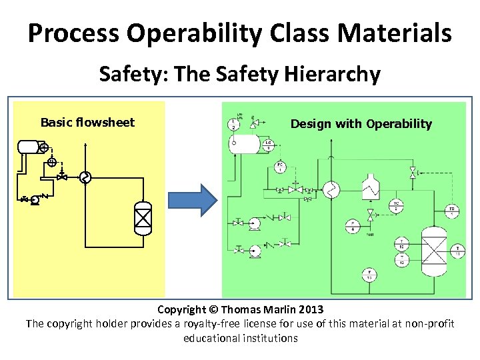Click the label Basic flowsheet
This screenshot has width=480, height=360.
coord(87,122)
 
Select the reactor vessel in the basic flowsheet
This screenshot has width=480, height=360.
coord(143,217)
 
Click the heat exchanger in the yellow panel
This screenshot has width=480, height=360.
coord(84,177)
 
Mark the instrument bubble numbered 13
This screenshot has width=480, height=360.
coord(367,273)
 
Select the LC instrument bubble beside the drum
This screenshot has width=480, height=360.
coord(267,144)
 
